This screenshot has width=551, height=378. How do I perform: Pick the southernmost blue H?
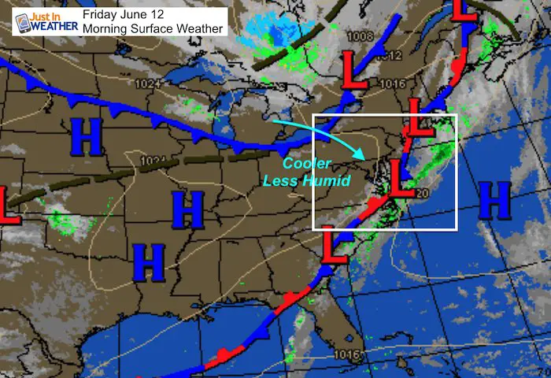click(148, 261)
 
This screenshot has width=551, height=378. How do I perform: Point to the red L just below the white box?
click(334, 247)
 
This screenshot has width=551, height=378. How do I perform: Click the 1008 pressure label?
click(362, 36)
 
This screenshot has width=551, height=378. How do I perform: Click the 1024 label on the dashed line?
click(152, 161)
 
